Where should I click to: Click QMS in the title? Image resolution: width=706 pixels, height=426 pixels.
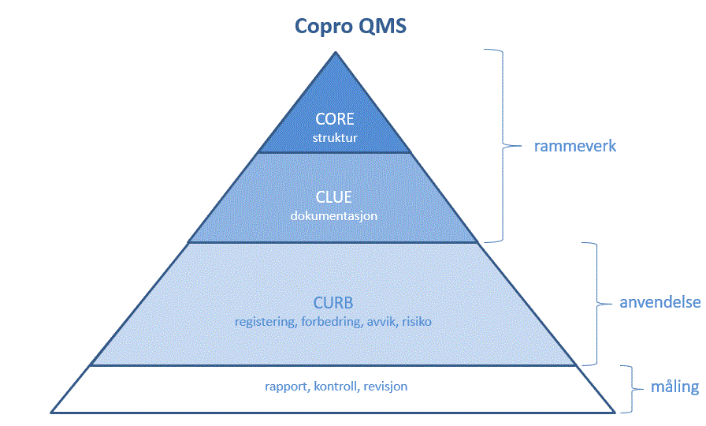point(383,26)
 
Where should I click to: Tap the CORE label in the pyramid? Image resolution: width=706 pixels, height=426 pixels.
point(335,119)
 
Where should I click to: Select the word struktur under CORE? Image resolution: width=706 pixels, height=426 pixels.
point(335,137)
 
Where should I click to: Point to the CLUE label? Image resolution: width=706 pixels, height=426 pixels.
point(333,197)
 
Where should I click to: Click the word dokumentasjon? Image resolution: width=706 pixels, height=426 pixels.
point(333,216)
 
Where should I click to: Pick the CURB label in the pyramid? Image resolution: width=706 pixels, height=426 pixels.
point(333,302)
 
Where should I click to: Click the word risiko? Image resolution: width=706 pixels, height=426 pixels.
point(417,322)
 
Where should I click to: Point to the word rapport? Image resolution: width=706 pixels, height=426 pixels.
point(287,387)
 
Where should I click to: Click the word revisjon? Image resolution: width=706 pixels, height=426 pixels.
point(385,387)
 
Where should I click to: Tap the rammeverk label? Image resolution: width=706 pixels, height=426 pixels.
point(575,146)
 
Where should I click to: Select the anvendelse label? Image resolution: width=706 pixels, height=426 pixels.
point(660,302)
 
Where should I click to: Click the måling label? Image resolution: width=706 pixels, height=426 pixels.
point(675,387)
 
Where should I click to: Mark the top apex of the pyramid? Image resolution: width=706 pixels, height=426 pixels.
point(336,52)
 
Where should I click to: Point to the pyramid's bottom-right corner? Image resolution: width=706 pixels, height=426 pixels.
point(615,412)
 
